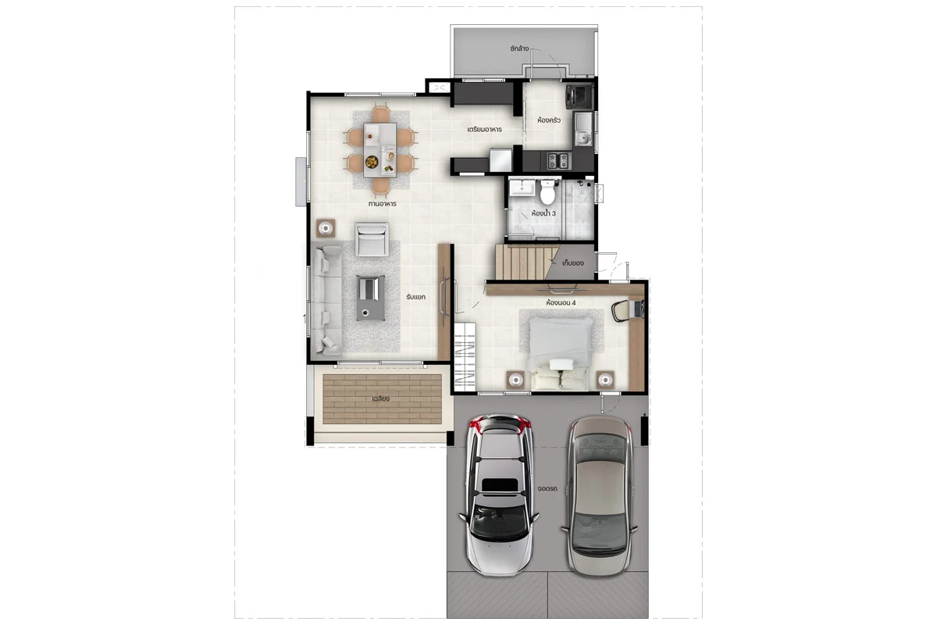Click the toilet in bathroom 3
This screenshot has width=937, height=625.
click(547, 191)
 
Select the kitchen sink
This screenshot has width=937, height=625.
click(583, 129)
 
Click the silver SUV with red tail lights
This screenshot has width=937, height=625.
click(499, 495)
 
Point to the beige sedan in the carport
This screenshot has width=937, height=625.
click(599, 496)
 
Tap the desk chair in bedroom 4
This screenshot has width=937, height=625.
click(620, 311)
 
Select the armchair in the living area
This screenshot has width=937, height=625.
click(372, 239)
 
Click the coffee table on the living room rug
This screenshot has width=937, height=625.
click(371, 298)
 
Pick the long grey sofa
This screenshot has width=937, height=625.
click(326, 300)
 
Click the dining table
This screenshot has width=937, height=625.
click(379, 150)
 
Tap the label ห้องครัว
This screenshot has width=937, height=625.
click(549, 120)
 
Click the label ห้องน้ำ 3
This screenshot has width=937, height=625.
click(543, 213)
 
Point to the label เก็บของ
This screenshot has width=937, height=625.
click(572, 263)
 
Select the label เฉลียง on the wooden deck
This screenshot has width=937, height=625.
click(381, 399)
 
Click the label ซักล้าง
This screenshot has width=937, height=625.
click(519, 48)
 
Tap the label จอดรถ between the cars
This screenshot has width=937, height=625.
click(547, 488)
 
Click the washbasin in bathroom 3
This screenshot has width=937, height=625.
click(522, 187)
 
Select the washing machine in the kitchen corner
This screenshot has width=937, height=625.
click(579, 97)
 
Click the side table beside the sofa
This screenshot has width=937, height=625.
click(326, 228)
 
